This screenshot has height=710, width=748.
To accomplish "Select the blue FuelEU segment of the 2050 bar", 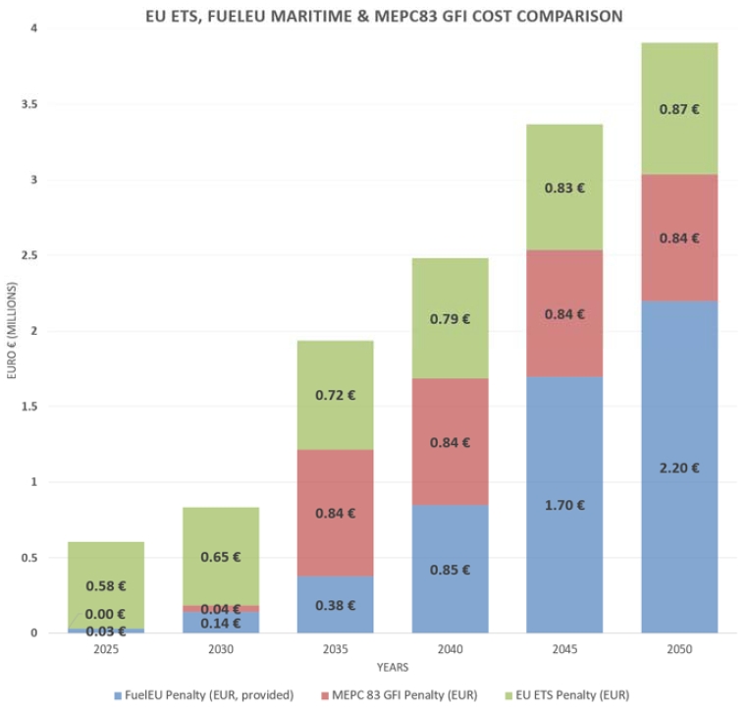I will [679, 412].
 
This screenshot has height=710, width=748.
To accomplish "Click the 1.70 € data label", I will [564, 505].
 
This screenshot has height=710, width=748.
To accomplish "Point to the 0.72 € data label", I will [336, 395].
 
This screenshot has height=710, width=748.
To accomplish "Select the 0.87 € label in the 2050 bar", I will [679, 110].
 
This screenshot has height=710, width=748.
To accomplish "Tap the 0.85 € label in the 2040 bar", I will [451, 570].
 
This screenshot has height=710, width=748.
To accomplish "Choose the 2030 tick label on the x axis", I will [221, 650].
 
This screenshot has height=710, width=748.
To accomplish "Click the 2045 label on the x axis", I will [564, 650].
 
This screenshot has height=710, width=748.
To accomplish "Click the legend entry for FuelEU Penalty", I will [200, 695].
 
